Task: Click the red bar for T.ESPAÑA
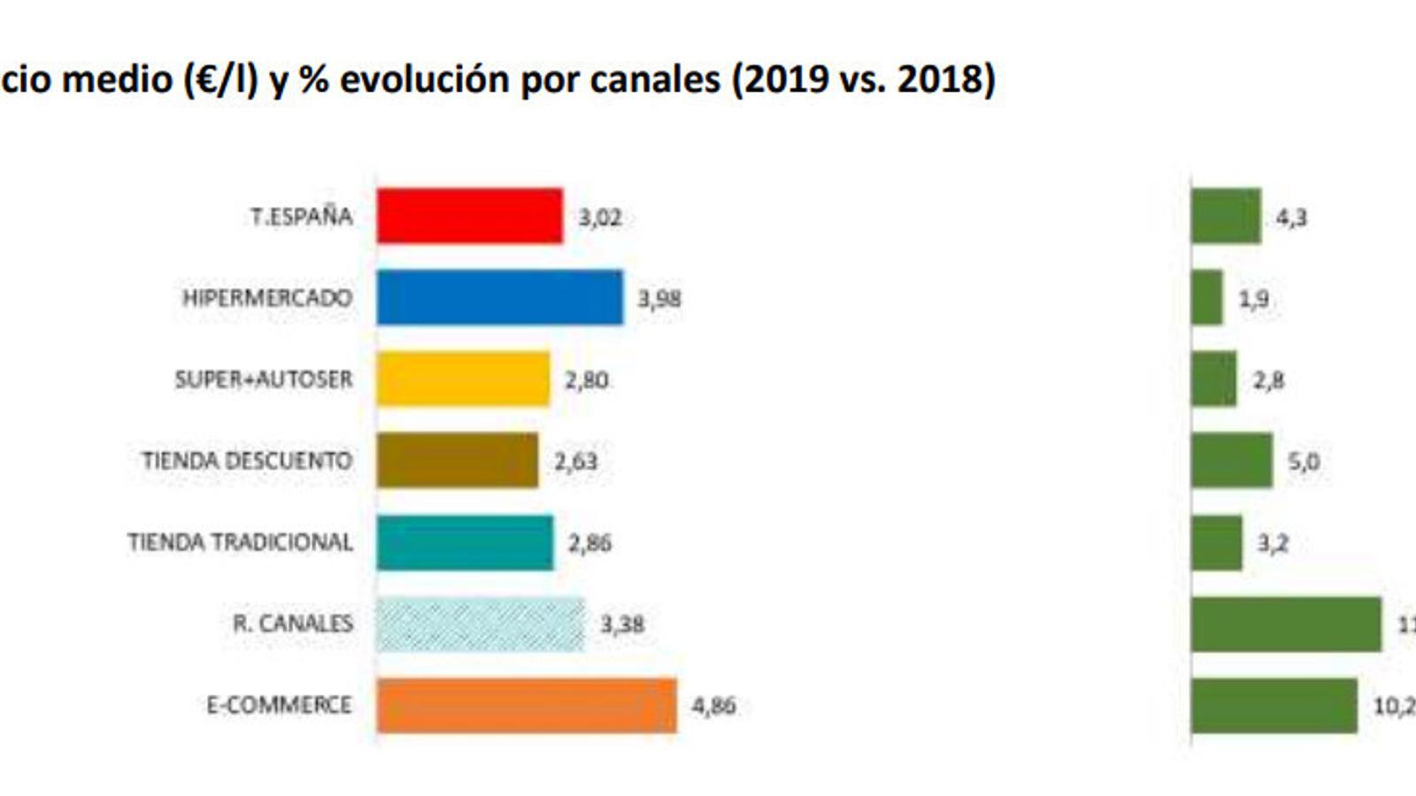[x=469, y=216]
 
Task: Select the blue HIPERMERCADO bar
[x=499, y=298]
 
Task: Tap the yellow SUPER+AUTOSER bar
[x=463, y=379]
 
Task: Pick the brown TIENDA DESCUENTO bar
[x=457, y=460]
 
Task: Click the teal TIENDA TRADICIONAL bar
[x=465, y=542]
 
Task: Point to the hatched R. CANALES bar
[x=480, y=624]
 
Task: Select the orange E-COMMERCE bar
[x=527, y=706]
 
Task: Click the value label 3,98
[x=659, y=299]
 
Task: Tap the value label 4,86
[x=713, y=706]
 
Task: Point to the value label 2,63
[x=575, y=461]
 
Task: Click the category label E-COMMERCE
[x=279, y=705]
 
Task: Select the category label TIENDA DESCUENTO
[x=247, y=461]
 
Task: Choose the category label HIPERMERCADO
[x=267, y=298]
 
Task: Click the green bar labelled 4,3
[x=1226, y=216]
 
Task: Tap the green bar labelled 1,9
[x=1207, y=298]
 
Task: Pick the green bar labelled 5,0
[x=1231, y=460]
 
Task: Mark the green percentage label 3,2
[x=1273, y=543]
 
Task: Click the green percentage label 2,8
[x=1268, y=380]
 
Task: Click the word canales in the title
[x=655, y=80]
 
